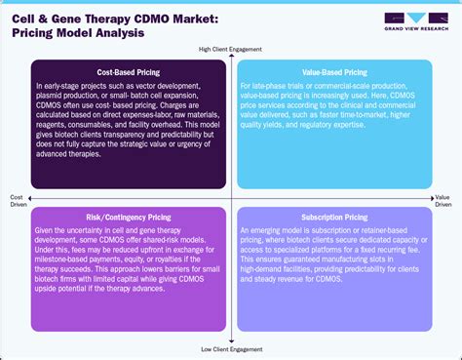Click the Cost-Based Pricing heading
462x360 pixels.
pos(122,71)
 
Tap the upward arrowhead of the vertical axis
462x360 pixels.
pos(230,57)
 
